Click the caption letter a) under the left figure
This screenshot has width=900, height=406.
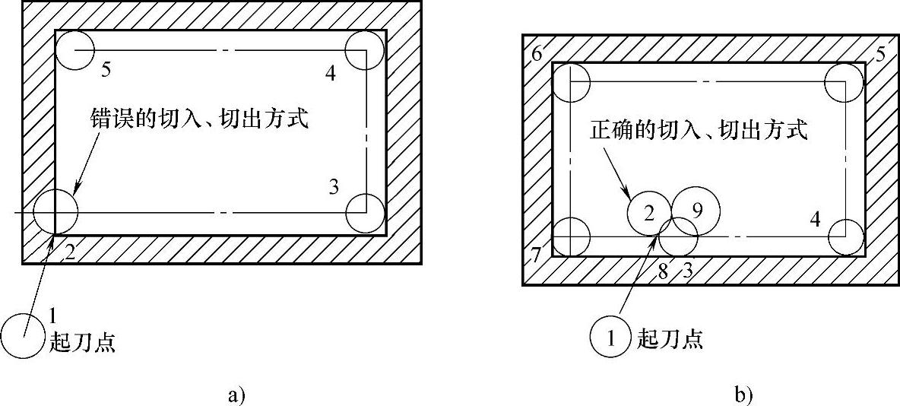[236, 394]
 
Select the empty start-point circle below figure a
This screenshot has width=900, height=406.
[21, 337]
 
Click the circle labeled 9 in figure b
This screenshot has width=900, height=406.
[696, 208]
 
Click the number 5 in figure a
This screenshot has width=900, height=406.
[106, 70]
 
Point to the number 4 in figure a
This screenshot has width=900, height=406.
[329, 73]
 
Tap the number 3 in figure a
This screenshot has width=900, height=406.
[334, 187]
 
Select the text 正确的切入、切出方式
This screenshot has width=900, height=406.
[697, 130]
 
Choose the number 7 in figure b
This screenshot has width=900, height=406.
[536, 255]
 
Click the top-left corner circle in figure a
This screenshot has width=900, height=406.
[75, 50]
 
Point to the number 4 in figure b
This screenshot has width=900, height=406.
[815, 220]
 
